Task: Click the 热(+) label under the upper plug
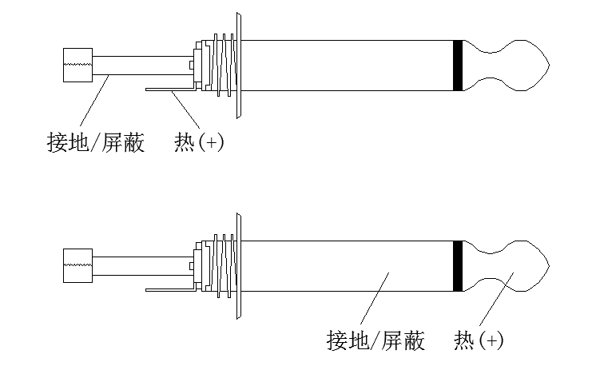pyautogui.click(x=199, y=144)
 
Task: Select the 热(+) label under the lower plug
pyautogui.click(x=479, y=340)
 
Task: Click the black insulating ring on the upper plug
pyautogui.click(x=457, y=65)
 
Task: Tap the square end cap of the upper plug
pyautogui.click(x=77, y=65)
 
